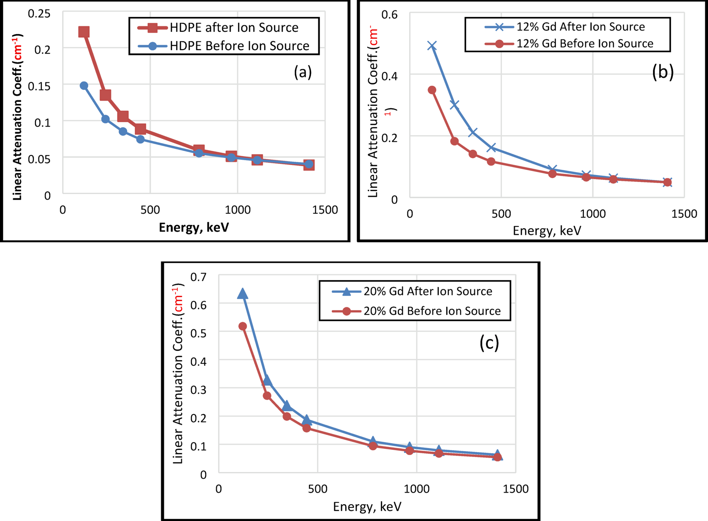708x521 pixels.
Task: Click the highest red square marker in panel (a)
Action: coord(84,32)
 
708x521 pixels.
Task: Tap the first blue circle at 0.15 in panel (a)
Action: coord(84,86)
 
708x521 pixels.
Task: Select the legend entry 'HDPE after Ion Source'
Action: coord(234,28)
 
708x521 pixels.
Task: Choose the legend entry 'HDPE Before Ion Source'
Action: coord(239,46)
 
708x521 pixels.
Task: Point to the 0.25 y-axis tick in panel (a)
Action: coord(39,14)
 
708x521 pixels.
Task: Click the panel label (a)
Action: coord(303,72)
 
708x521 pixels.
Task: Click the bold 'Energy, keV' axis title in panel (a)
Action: coord(194,228)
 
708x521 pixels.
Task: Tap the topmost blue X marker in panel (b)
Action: coord(432,46)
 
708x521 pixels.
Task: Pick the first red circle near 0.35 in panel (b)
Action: coord(432,90)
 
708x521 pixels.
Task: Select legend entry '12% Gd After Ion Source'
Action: coord(580,27)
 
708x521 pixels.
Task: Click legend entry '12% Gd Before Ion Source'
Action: coord(585,44)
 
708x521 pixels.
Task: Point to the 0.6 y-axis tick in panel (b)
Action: coord(389,14)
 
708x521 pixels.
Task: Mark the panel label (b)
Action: coord(662,72)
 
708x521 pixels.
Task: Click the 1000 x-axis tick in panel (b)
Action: coord(593,214)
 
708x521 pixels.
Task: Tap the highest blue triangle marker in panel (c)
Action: coord(242,293)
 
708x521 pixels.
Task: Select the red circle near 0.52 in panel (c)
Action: coord(243,326)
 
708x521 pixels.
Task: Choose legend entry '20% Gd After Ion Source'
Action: coord(428,291)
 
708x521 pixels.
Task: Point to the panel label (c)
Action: coord(489,343)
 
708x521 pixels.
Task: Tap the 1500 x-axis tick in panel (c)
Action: coord(515,489)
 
